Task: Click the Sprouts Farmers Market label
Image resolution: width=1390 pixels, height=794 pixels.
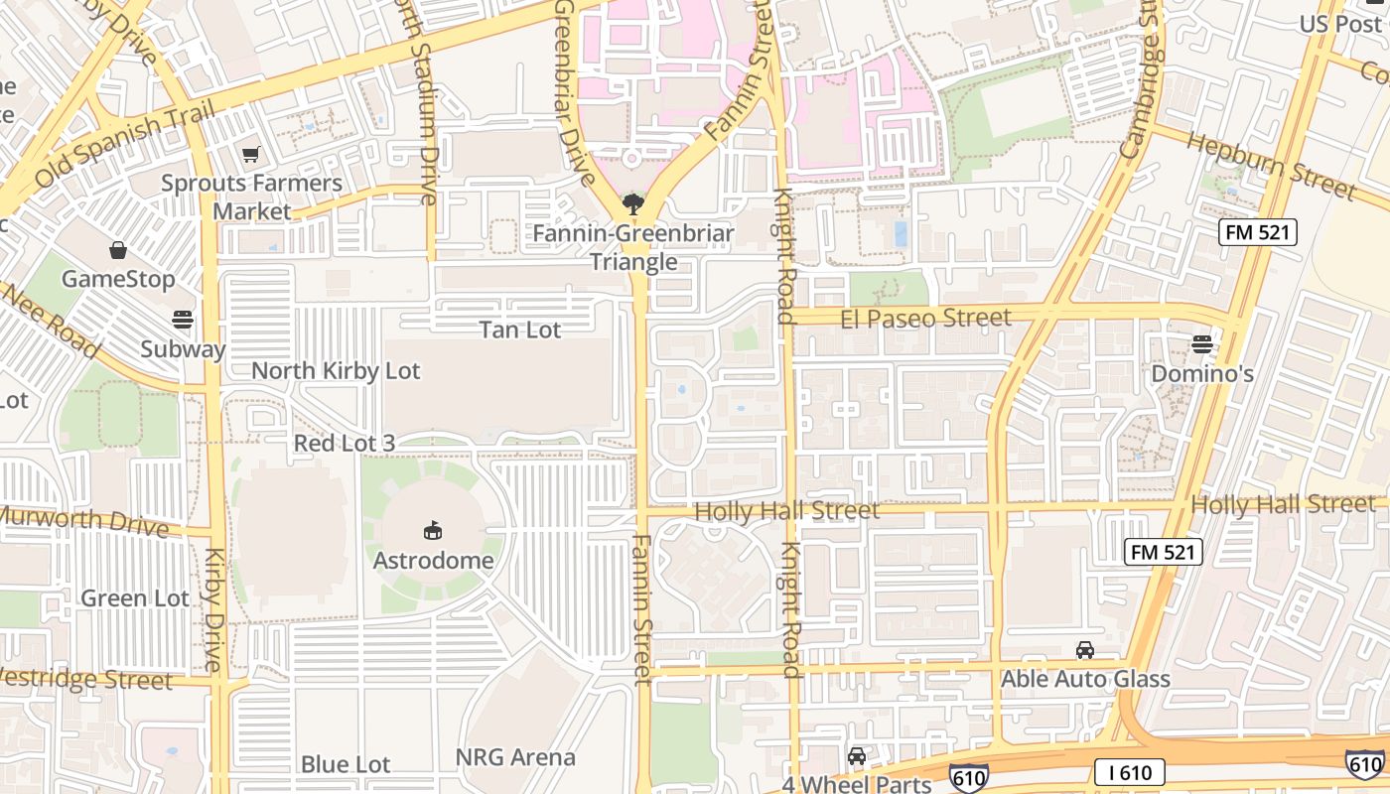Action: coord(251,198)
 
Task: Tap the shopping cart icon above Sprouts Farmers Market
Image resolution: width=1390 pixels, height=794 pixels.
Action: coord(250,155)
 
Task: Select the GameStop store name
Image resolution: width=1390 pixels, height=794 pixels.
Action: coord(118,279)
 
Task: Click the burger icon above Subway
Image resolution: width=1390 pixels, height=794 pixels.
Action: coord(182,320)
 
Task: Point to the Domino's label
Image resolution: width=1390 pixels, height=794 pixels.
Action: coord(1202,374)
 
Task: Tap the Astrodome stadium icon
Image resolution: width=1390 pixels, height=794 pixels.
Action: coord(433,531)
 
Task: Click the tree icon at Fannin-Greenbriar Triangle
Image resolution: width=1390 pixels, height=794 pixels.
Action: coord(632,205)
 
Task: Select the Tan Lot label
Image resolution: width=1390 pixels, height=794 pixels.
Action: coord(520,330)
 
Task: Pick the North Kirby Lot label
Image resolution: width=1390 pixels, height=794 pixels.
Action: coord(336,371)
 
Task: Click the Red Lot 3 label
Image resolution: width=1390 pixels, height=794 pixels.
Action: coord(344,443)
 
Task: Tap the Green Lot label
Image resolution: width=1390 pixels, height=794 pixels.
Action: coord(135,598)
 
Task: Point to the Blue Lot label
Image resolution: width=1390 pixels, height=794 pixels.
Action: coord(346,764)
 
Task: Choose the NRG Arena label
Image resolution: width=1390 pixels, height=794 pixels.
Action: coord(515,757)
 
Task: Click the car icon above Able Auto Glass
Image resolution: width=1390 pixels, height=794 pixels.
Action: coord(1085,650)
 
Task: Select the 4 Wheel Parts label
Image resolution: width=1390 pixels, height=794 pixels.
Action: coord(857,784)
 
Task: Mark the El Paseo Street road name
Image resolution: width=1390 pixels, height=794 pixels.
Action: coord(925,319)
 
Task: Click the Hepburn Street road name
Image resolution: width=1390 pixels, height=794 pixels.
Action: coord(1271,165)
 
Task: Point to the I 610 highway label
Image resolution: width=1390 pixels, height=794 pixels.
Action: coord(1130,772)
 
